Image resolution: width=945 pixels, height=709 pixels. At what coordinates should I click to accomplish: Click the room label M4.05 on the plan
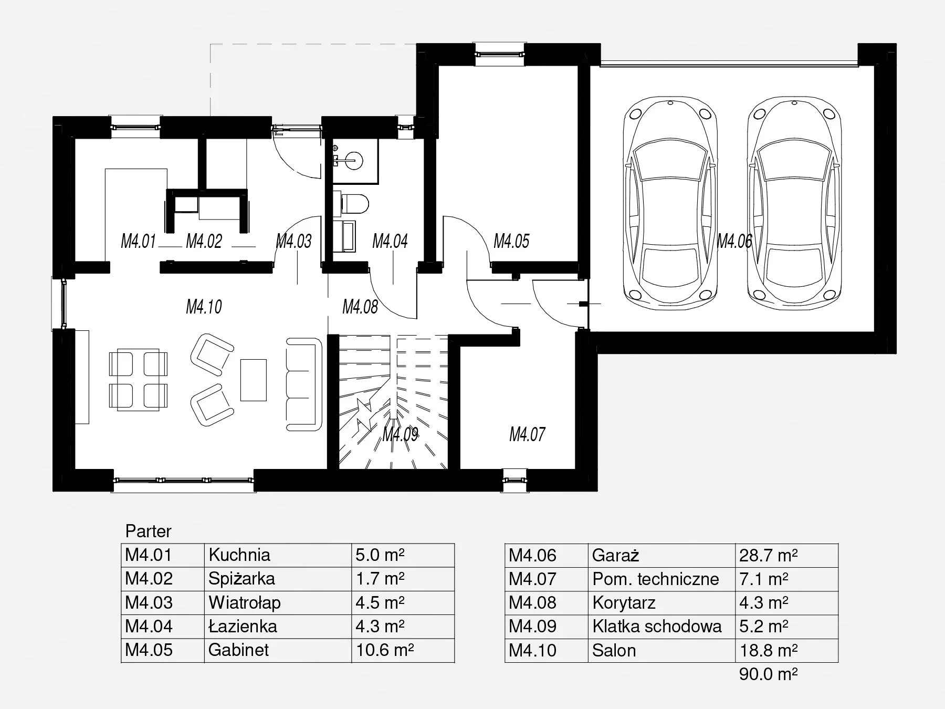[511, 241]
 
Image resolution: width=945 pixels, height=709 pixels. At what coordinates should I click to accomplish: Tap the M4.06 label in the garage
[734, 241]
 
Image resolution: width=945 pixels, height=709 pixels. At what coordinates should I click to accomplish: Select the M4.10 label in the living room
[204, 307]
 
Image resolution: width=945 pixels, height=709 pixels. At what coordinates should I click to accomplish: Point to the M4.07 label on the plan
[527, 434]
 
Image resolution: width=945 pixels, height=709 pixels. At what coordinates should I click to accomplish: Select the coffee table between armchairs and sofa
[253, 380]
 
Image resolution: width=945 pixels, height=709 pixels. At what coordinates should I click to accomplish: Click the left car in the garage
[669, 202]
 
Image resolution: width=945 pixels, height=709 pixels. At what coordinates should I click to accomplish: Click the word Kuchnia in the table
[239, 555]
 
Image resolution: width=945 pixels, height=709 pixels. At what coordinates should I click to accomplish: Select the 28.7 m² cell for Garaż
[769, 555]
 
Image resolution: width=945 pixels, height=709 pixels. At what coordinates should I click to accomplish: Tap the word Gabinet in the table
[238, 650]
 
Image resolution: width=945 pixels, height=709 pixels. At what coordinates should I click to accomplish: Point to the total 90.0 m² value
[769, 674]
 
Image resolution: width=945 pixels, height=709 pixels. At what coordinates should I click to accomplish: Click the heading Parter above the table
[148, 531]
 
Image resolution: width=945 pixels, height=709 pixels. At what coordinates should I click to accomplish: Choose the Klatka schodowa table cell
[657, 626]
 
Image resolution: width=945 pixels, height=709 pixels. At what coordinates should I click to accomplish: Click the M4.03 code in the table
[149, 602]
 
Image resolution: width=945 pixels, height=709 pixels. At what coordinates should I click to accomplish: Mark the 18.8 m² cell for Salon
[769, 650]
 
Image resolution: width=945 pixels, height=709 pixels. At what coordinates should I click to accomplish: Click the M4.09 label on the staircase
[400, 434]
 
